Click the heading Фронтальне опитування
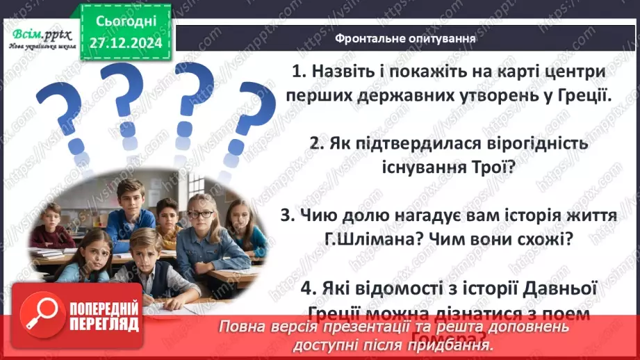pyautogui.click(x=404, y=39)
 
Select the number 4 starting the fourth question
pyautogui.click(x=309, y=288)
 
